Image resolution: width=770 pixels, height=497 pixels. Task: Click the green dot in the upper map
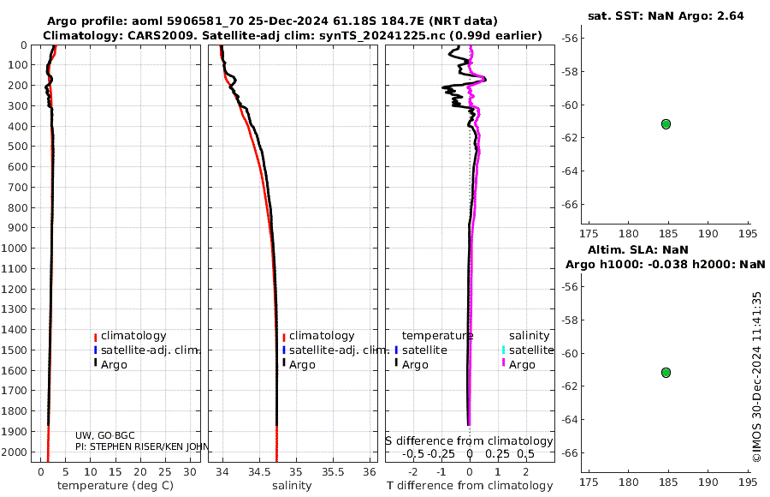tap(666, 123)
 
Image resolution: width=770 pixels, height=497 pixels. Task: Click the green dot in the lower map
tap(666, 372)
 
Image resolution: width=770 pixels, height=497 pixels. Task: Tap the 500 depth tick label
tap(18, 147)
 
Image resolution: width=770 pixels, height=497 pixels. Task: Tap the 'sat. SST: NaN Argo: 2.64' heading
tap(664, 15)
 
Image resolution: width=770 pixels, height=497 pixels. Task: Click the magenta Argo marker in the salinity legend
tap(503, 364)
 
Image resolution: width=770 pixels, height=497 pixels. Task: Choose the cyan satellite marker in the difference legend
tap(503, 350)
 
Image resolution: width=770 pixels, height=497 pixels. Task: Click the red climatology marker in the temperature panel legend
tap(96, 336)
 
